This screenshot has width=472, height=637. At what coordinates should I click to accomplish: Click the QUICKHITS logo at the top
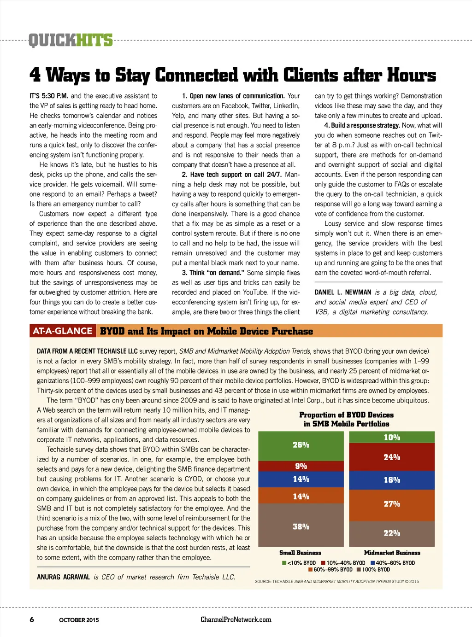click(x=71, y=41)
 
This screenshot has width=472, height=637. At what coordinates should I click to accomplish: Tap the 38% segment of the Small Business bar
click(x=301, y=525)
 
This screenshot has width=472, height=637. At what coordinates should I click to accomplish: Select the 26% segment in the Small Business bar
click(x=301, y=445)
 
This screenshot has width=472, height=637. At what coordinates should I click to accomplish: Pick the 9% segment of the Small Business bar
click(x=301, y=466)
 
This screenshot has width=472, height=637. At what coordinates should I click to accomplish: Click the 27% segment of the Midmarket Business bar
click(x=392, y=505)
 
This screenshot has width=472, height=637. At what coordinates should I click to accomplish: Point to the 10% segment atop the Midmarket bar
click(x=392, y=437)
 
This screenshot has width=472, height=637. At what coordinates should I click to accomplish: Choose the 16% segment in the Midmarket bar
click(x=392, y=480)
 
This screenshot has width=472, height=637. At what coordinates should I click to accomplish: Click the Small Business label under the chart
click(x=300, y=553)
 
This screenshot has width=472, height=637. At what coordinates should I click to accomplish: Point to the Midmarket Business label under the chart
click(x=392, y=553)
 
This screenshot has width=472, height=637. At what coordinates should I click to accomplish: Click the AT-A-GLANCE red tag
click(x=63, y=331)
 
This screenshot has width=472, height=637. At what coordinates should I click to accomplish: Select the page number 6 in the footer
click(x=32, y=619)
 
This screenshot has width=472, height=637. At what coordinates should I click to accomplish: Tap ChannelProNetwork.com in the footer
click(x=236, y=619)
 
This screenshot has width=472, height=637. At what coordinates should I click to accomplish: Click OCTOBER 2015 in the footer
click(x=79, y=620)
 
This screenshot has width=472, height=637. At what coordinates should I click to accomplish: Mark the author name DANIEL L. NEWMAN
click(x=343, y=292)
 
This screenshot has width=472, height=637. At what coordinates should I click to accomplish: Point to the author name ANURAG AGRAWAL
click(x=63, y=577)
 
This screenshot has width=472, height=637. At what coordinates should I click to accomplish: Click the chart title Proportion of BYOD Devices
click(x=346, y=415)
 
